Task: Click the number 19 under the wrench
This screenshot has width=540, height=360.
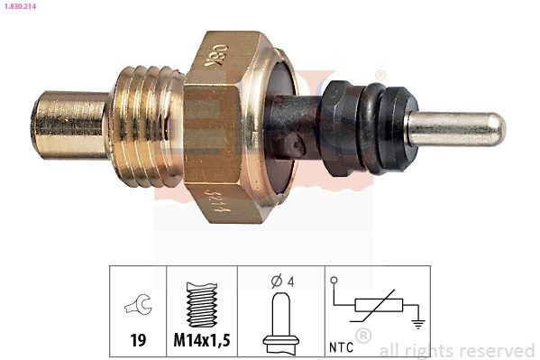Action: pyautogui.click(x=138, y=340)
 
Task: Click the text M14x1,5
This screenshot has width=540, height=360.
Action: pyautogui.click(x=201, y=340)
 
